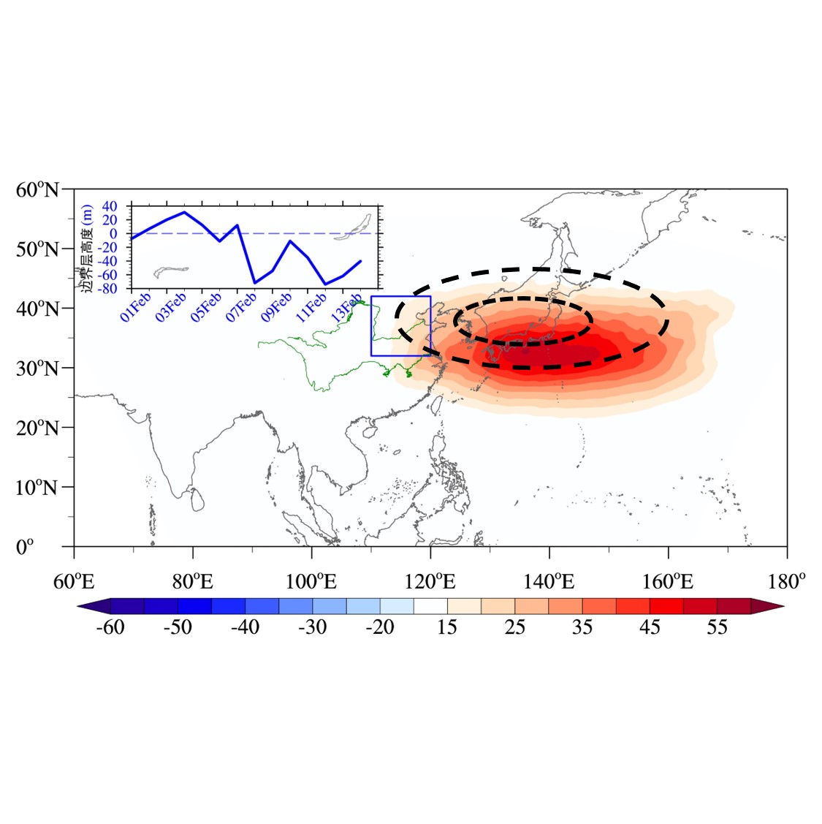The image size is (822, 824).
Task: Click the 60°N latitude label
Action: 37,190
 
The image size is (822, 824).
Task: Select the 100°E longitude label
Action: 311,582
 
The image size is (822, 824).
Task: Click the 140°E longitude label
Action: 549,582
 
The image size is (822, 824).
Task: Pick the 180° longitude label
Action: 787,582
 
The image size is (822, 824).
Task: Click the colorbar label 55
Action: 717,627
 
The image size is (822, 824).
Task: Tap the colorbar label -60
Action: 110,627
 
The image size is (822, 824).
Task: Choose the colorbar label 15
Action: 447,627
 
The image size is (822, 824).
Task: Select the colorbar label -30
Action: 313,627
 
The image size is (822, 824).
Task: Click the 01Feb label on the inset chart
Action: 136,306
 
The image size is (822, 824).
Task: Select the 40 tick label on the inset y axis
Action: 110,206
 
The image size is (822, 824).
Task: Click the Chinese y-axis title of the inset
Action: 87,248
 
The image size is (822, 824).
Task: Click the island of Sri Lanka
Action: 197,499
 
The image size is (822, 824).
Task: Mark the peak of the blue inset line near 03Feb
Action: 184,212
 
